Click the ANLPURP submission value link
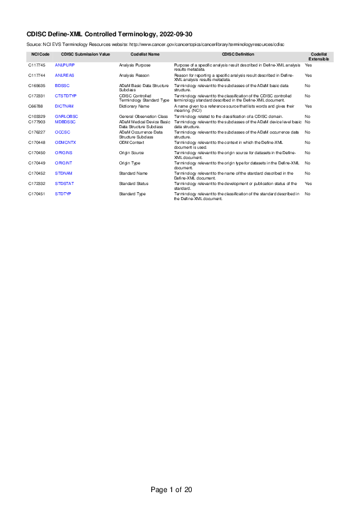click(64, 64)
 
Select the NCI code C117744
click(36, 75)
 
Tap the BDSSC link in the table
click(62, 86)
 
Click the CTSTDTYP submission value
click(65, 96)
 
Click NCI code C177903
click(36, 122)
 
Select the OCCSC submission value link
click(62, 131)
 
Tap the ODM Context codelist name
click(131, 142)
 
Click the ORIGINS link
click(64, 153)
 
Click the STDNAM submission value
click(64, 173)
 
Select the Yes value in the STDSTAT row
click(308, 183)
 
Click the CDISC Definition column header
click(238, 54)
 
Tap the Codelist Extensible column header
click(319, 57)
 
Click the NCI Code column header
click(40, 54)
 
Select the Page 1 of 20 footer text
click(171, 489)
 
